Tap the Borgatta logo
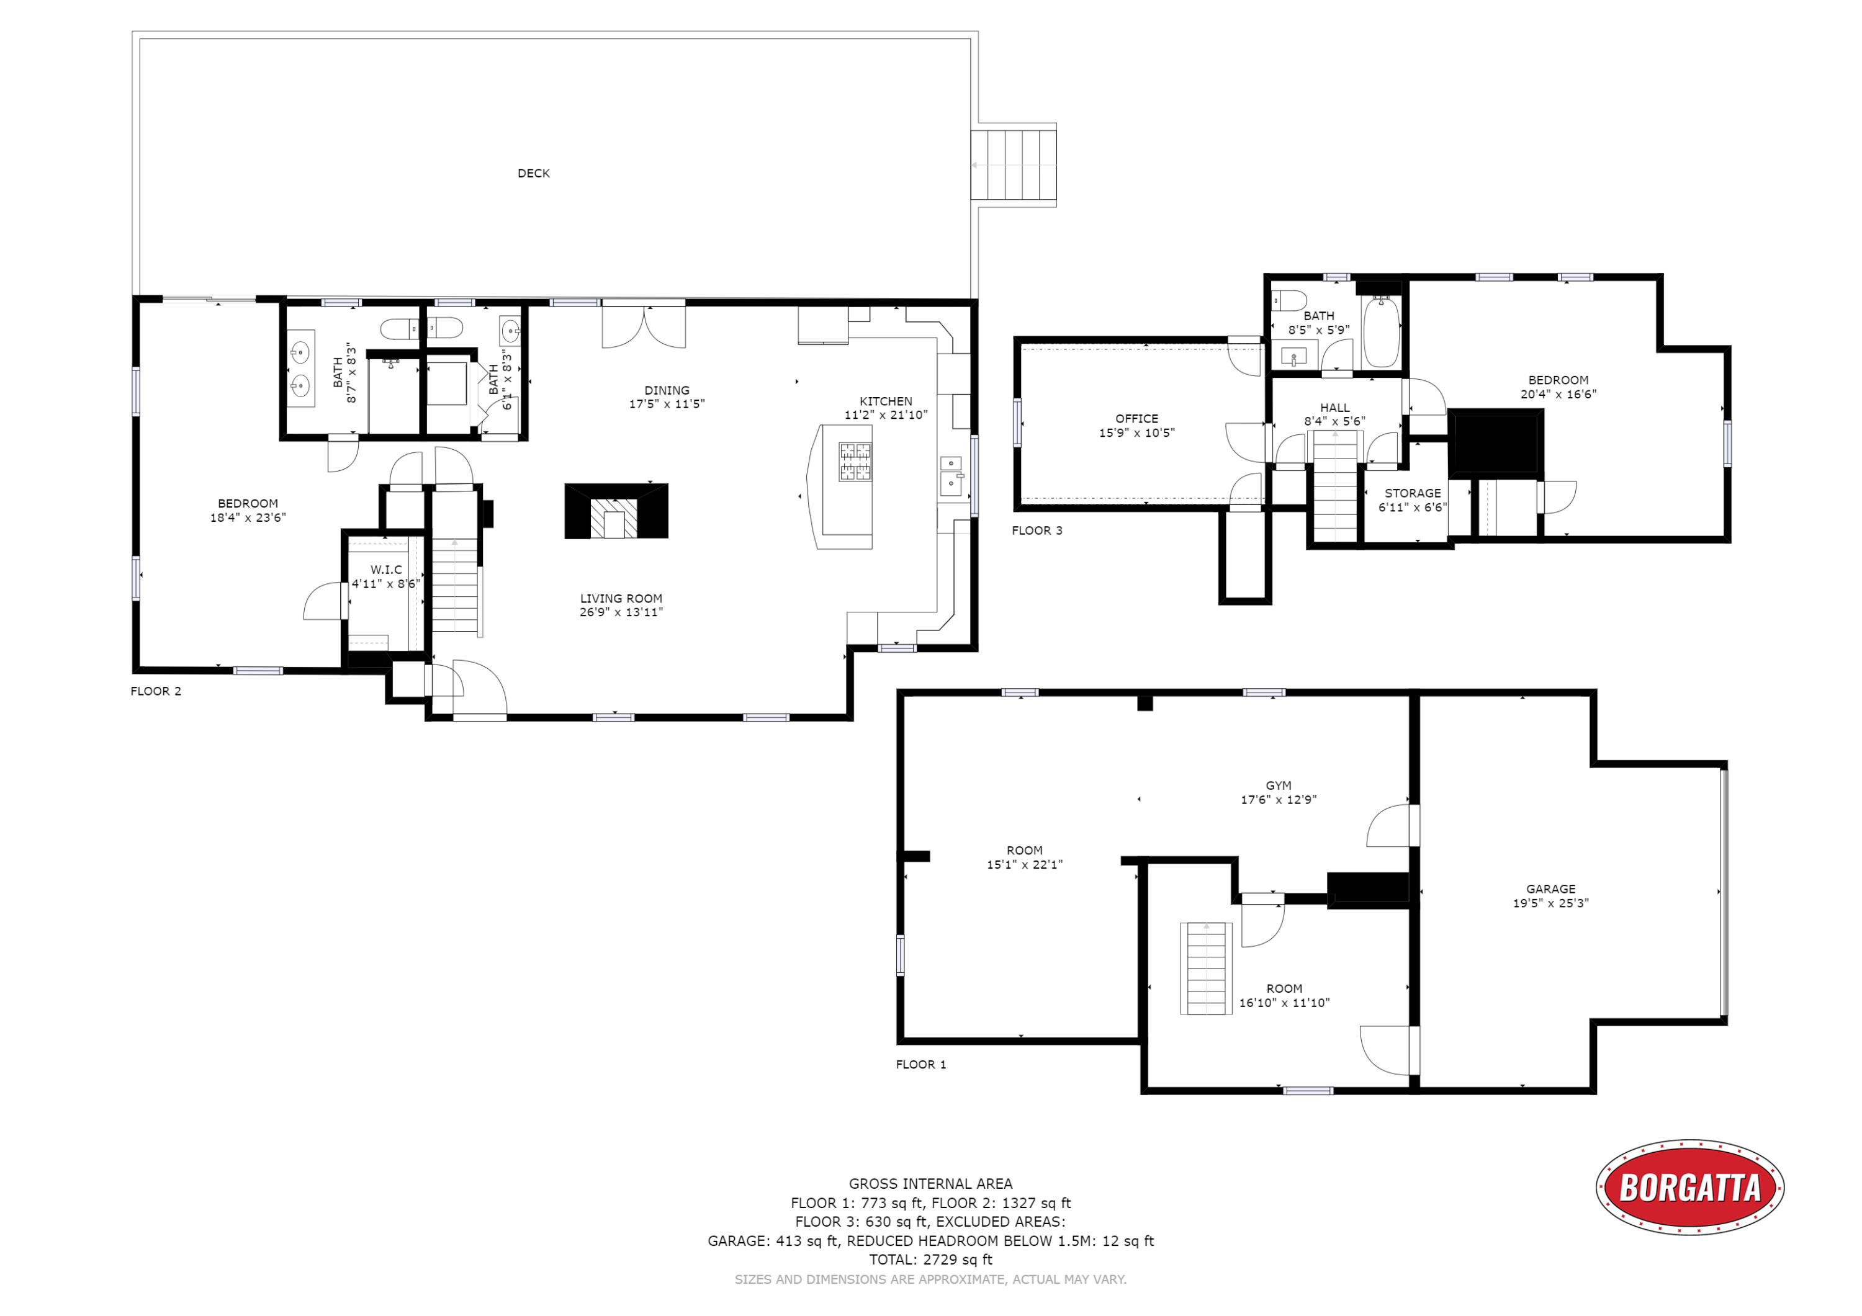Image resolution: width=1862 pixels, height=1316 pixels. (x=1690, y=1188)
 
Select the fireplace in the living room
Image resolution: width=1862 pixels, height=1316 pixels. (x=616, y=511)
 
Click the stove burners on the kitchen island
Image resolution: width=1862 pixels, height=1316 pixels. (x=855, y=462)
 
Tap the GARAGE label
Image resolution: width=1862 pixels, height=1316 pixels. (x=1550, y=889)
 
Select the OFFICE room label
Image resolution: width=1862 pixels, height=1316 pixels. (x=1136, y=418)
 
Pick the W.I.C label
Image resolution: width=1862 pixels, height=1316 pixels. (x=386, y=570)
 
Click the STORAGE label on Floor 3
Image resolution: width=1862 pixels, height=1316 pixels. (x=1413, y=493)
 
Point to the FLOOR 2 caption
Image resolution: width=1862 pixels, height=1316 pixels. (x=156, y=691)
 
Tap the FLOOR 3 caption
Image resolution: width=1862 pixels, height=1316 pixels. (x=1037, y=530)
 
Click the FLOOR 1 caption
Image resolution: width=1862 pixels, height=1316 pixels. (x=920, y=1064)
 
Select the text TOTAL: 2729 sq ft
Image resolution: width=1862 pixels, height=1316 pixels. (x=931, y=1260)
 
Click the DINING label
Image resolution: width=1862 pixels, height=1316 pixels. (x=667, y=390)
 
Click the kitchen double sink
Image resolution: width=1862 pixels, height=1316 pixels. (x=950, y=475)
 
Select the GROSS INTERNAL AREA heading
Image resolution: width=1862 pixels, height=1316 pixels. (x=931, y=1184)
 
